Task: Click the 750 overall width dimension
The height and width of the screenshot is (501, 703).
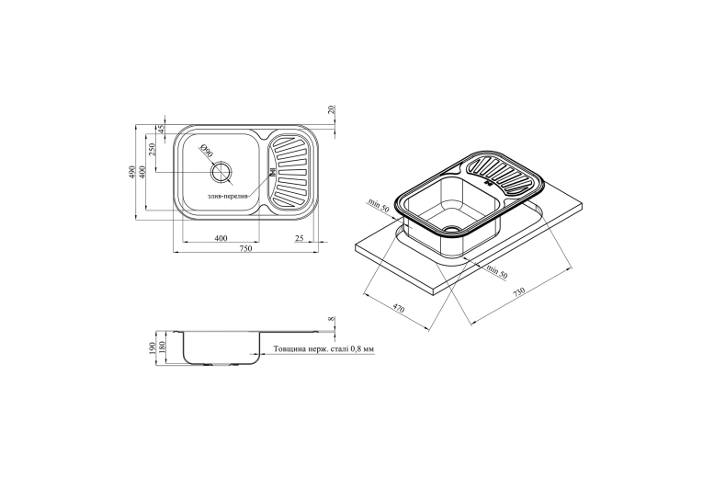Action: click(x=246, y=249)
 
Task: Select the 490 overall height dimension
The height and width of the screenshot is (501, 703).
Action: click(x=132, y=172)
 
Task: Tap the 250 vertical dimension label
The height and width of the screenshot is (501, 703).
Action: click(x=152, y=149)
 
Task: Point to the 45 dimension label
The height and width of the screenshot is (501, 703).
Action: click(x=162, y=128)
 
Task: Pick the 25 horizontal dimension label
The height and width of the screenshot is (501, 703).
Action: click(x=300, y=238)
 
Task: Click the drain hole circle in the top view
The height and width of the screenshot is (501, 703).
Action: click(x=221, y=172)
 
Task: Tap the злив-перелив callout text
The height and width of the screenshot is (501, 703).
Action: click(x=227, y=197)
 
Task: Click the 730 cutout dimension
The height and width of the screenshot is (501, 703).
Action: click(x=518, y=292)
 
